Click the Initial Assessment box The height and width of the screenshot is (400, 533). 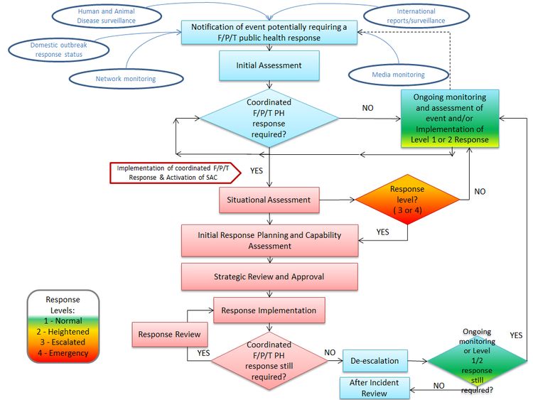[x=269, y=65]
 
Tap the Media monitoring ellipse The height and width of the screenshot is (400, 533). [x=398, y=75]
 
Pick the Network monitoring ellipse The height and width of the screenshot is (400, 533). [x=125, y=79]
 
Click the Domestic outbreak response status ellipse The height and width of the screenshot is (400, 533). [x=59, y=49]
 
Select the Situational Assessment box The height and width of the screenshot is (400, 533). [x=269, y=200]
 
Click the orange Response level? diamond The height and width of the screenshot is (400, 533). [x=407, y=200]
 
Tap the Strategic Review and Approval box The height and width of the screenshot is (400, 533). [x=269, y=276]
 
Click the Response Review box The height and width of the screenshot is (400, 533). [x=168, y=334]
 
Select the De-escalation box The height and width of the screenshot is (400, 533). [x=375, y=360]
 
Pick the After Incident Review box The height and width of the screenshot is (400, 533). [x=374, y=387]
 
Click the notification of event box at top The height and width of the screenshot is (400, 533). [x=269, y=32]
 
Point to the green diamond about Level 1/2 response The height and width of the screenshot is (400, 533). [x=477, y=360]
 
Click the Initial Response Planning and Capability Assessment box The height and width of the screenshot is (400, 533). [x=269, y=240]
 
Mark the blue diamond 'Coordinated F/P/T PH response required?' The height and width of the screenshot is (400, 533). [x=269, y=117]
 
